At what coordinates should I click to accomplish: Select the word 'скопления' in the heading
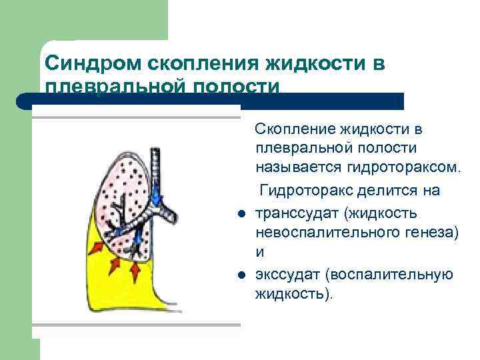click(194, 65)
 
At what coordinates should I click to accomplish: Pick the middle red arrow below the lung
click(113, 265)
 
